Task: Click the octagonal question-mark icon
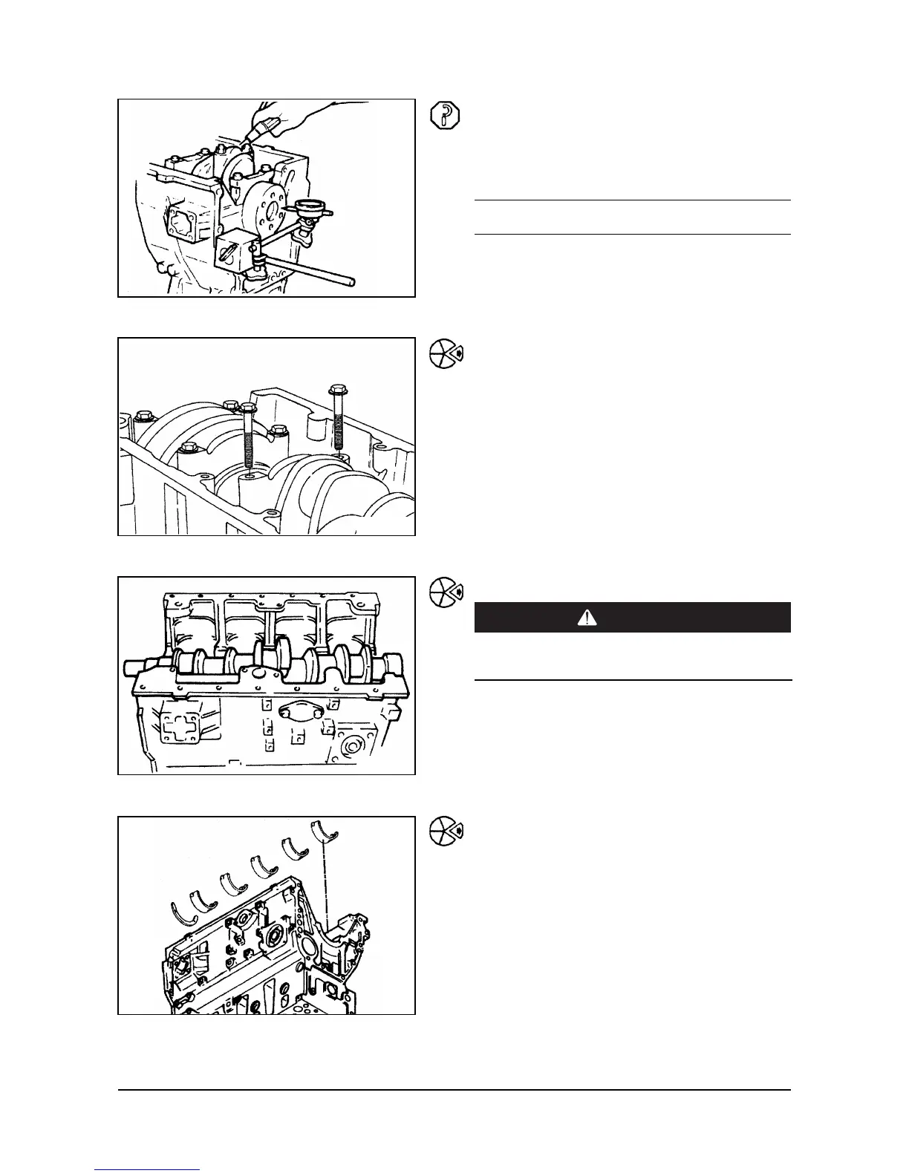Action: (445, 116)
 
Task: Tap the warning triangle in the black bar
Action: (587, 618)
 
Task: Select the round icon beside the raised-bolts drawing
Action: (446, 355)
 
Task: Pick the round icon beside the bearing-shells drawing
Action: (446, 832)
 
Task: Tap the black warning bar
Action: (632, 618)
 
